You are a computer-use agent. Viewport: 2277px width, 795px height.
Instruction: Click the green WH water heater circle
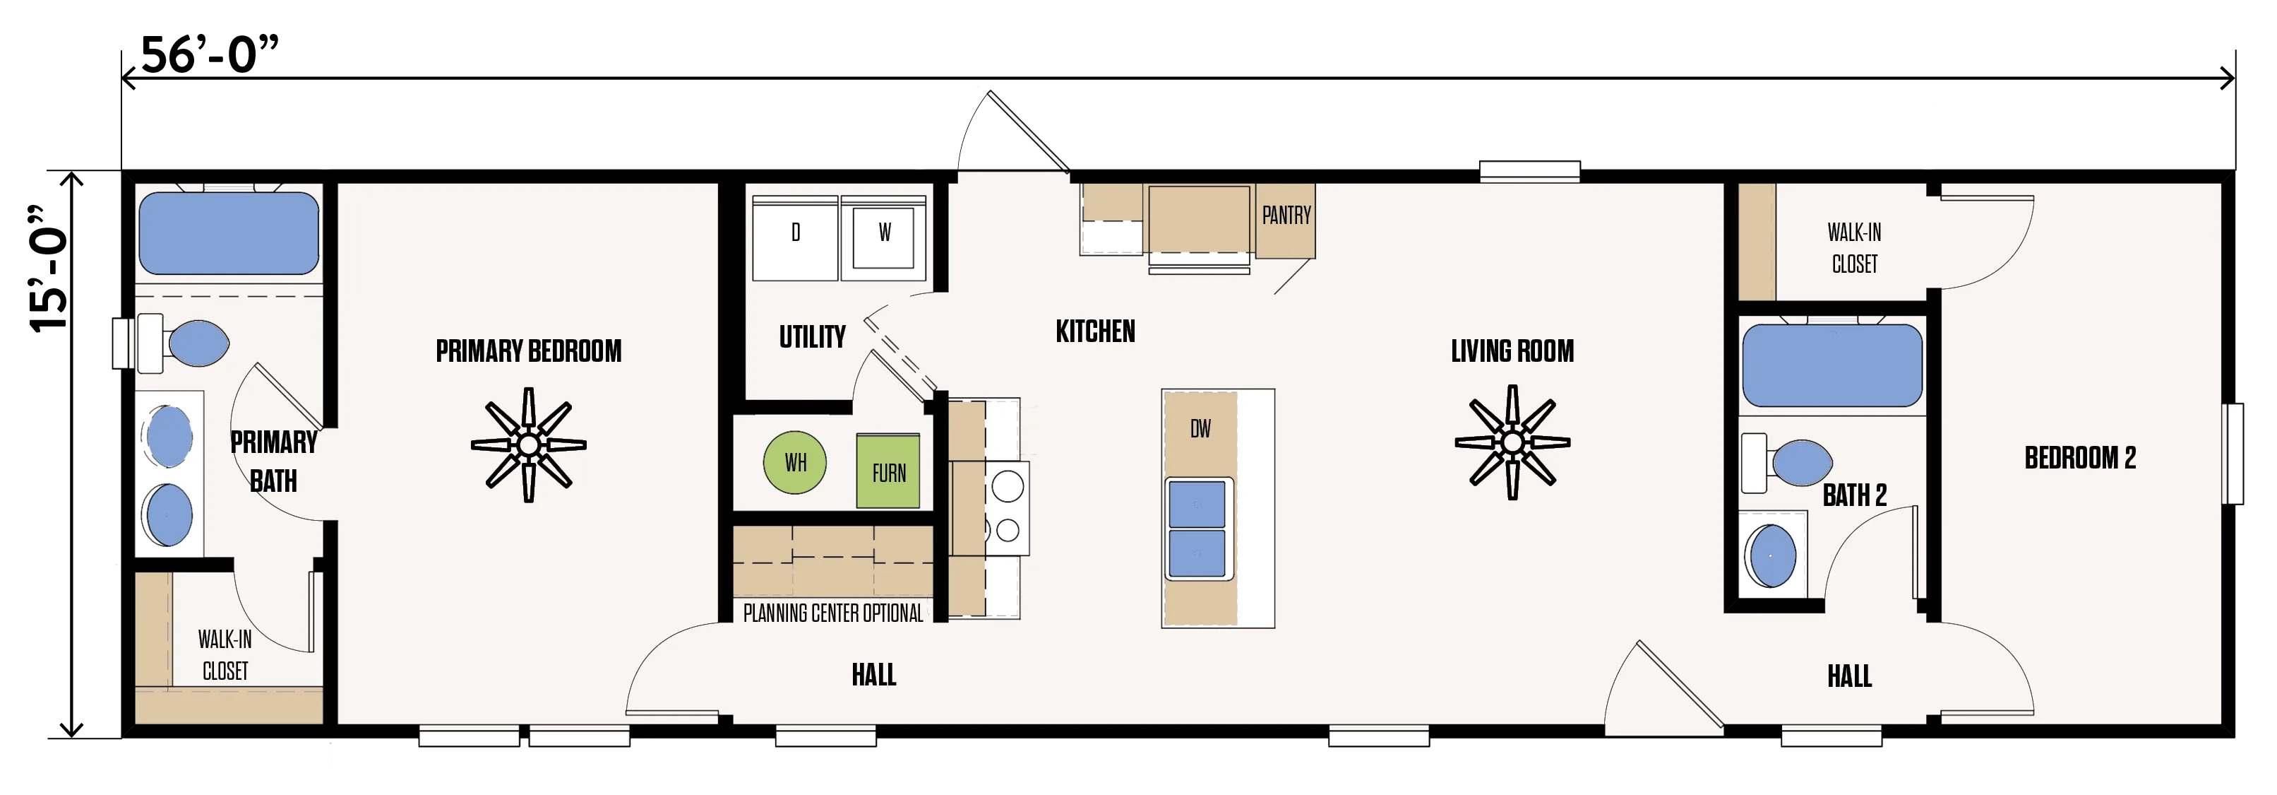click(794, 461)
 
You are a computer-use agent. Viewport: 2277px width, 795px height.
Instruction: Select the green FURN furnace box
click(888, 471)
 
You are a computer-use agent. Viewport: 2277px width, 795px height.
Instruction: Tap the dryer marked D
click(794, 237)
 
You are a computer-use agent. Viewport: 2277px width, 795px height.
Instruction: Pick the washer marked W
click(884, 237)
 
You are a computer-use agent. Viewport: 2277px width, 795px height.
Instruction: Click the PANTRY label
click(1286, 215)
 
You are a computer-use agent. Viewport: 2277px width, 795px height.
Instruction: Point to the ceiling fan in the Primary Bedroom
click(529, 444)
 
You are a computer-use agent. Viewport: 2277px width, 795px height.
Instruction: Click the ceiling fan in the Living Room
click(1512, 442)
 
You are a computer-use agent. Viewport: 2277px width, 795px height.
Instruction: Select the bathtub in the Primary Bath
click(229, 233)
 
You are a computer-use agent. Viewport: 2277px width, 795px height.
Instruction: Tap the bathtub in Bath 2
click(1832, 365)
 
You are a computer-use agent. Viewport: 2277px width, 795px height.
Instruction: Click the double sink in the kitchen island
click(1197, 528)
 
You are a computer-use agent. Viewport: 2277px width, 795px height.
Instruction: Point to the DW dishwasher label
click(1200, 429)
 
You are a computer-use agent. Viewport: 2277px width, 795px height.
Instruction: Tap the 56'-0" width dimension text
click(210, 55)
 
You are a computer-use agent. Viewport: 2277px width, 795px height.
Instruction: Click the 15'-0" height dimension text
click(49, 269)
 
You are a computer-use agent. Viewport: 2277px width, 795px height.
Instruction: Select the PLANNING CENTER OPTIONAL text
click(832, 613)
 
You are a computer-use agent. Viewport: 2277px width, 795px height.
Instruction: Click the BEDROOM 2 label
click(2080, 458)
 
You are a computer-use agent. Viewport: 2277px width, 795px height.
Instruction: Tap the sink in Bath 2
click(1771, 555)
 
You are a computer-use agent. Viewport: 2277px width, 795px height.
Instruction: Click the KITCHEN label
click(1095, 331)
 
